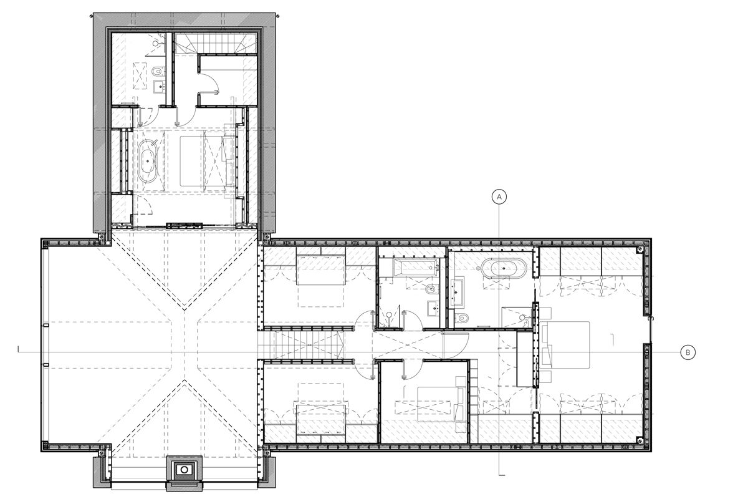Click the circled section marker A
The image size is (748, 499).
click(499, 197)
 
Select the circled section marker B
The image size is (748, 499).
click(688, 352)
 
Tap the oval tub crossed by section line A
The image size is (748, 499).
click(503, 268)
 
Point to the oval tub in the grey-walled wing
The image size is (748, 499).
click(148, 161)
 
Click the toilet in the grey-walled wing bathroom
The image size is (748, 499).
click(157, 71)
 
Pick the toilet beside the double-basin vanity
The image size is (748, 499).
click(463, 317)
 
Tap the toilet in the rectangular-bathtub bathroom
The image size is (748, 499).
click(432, 289)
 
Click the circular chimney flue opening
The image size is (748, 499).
click(184, 470)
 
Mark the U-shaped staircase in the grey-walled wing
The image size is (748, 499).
click(216, 44)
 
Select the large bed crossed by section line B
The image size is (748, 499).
click(566, 346)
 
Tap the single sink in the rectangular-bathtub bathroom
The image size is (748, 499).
click(433, 308)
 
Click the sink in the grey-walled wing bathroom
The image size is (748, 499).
click(160, 86)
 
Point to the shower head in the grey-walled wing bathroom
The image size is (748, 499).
click(156, 44)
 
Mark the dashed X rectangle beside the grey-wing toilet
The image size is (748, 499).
click(140, 75)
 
